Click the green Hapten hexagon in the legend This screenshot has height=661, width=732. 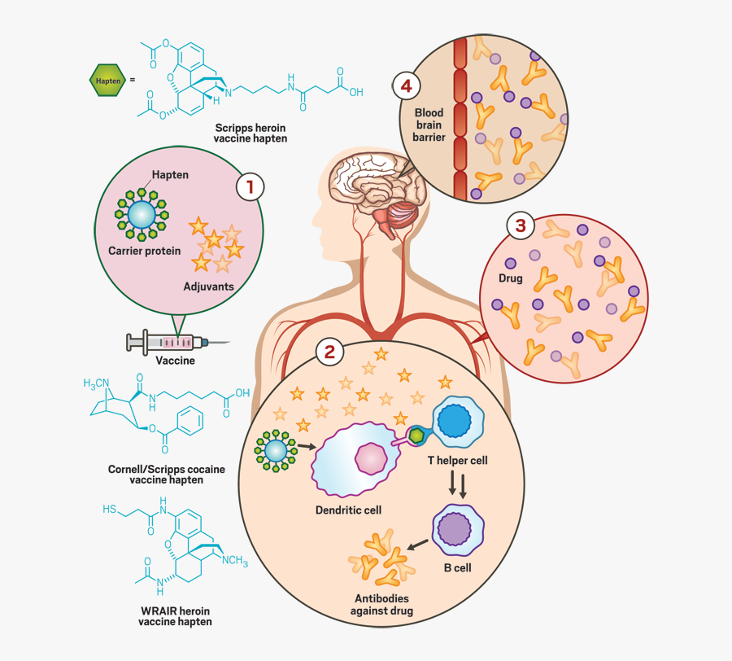pos(107,81)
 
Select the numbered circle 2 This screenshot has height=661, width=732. pos(329,352)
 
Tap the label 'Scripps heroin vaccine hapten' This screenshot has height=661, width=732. pos(251,134)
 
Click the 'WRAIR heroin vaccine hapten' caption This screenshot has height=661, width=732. pos(175,616)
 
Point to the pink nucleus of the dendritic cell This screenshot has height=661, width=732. pos(370,459)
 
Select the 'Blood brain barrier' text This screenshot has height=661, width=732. pos(429,125)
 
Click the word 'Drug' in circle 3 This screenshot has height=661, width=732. pos(511,279)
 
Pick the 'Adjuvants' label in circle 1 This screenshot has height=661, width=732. pos(209,287)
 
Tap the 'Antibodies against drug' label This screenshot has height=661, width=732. pos(382,605)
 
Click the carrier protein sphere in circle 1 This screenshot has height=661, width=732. pos(140,214)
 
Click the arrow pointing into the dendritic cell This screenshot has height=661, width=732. pos(305,446)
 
